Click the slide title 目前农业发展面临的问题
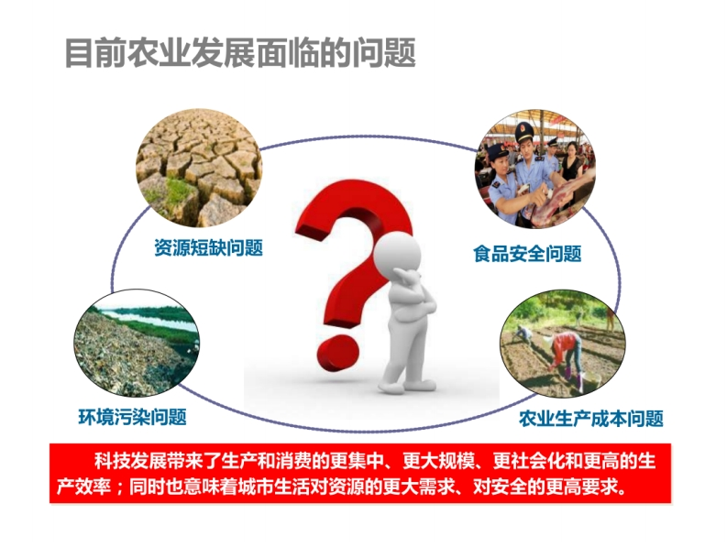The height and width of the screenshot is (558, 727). click(240, 53)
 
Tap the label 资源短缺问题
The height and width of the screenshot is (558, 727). click(209, 247)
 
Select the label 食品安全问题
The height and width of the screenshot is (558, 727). click(527, 254)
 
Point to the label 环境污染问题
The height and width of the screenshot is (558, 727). click(133, 417)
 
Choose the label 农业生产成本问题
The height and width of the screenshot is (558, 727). click(591, 419)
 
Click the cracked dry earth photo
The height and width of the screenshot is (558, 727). click(199, 168)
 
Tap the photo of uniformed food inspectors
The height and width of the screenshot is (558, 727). click(535, 169)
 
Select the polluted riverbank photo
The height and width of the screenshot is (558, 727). click(137, 343)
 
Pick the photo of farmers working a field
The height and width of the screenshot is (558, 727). click(563, 345)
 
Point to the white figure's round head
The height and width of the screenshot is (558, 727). click(397, 253)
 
